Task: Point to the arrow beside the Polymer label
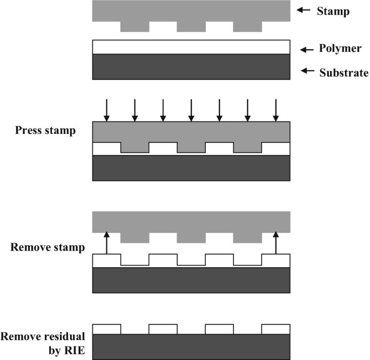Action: pos(307,50)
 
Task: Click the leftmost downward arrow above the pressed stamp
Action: pos(107,110)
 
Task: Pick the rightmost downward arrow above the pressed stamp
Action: pos(276,110)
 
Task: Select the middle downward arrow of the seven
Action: pos(191,110)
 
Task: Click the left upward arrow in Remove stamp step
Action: pos(107,242)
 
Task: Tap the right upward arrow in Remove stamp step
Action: pos(276,242)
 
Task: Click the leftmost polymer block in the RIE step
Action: pos(107,329)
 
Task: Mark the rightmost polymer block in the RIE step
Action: pos(276,329)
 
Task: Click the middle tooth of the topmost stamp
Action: pos(191,26)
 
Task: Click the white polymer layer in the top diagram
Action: pos(191,47)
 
